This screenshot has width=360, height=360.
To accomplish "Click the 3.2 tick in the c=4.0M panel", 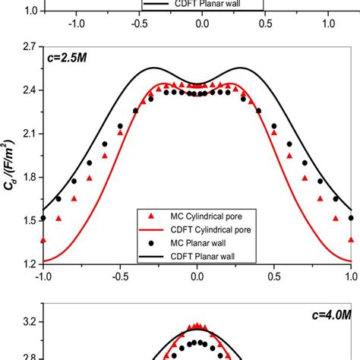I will (x=28, y=323).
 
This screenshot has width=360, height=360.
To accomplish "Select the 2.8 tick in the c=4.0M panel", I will (x=28, y=354).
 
